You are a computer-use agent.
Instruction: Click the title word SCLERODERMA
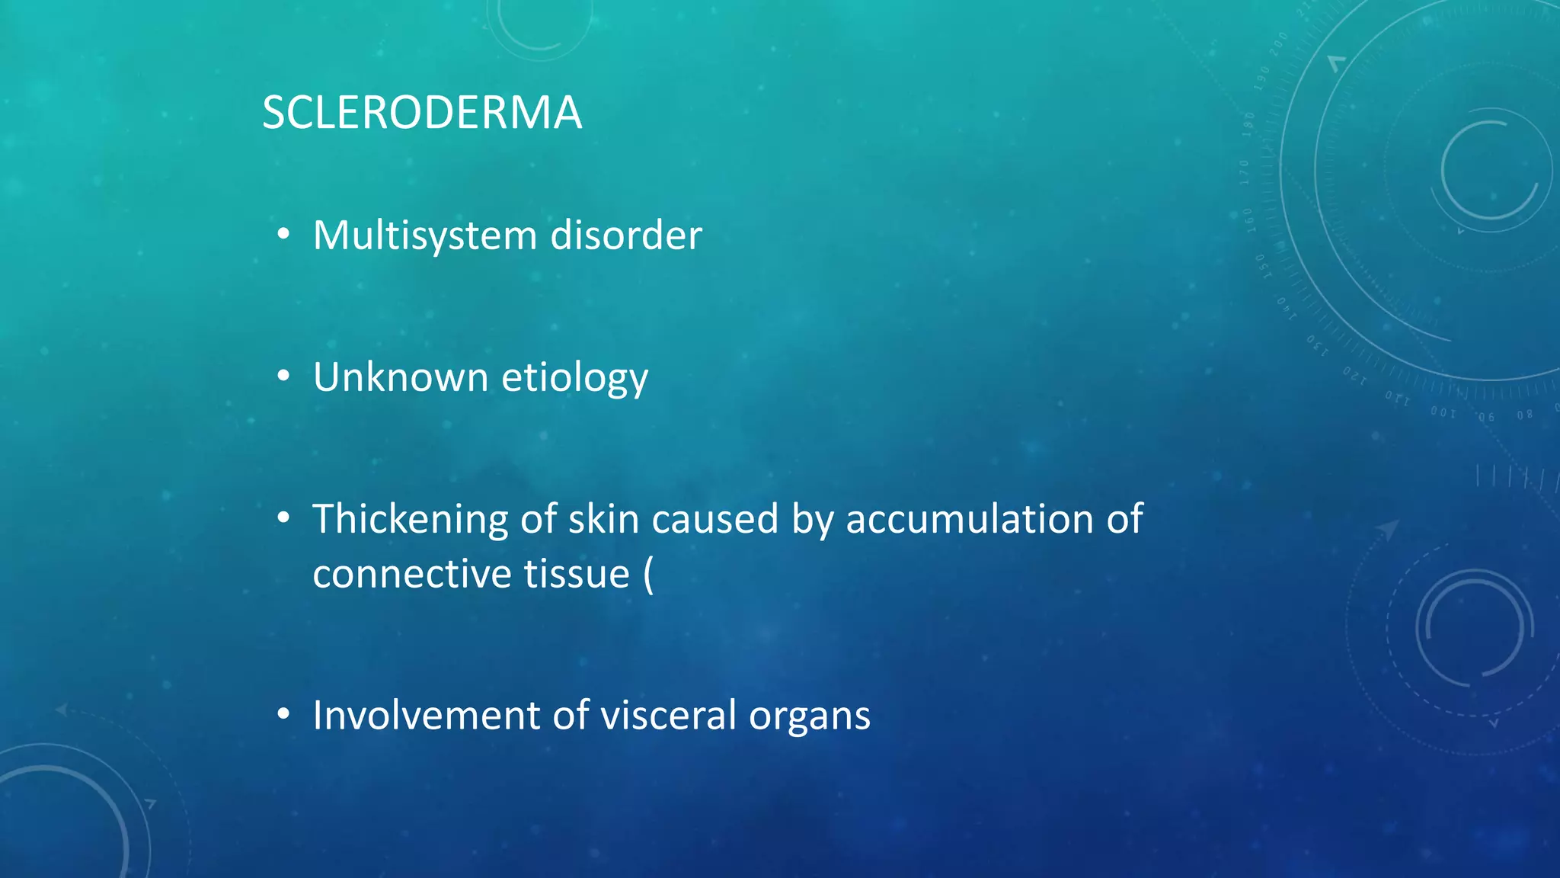422,113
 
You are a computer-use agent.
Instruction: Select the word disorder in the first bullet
625,236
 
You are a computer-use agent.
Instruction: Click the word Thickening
410,519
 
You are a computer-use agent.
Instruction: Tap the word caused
714,519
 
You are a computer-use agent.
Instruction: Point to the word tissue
577,574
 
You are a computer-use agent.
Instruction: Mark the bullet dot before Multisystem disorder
283,235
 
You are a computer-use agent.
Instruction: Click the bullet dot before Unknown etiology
283,377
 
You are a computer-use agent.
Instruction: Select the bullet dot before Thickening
283,518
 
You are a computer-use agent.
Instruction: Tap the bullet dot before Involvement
283,715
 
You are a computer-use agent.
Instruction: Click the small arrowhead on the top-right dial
1336,62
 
